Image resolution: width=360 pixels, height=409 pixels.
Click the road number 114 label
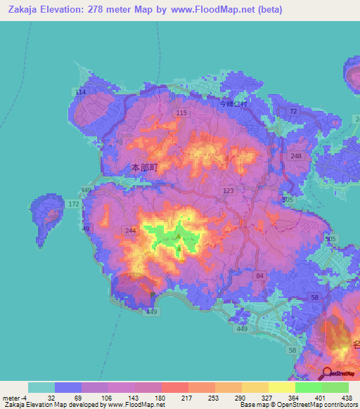[81, 92]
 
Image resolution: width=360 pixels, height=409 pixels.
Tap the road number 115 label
[182, 113]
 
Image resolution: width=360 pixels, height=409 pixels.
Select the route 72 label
[293, 112]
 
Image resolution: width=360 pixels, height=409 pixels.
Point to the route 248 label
[296, 156]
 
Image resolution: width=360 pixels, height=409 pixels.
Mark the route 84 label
[260, 275]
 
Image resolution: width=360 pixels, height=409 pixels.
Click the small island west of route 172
[49, 212]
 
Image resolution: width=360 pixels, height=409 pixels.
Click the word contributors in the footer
[339, 405]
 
